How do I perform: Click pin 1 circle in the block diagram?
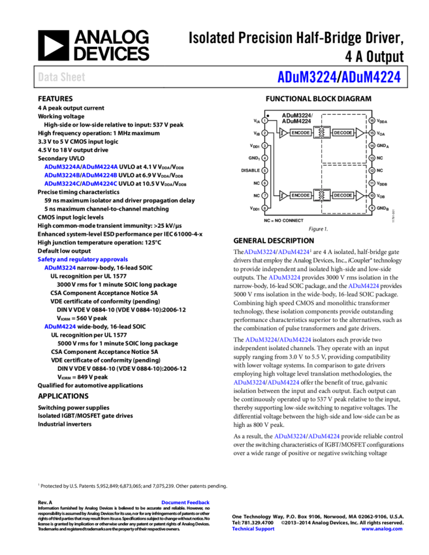point(264,120)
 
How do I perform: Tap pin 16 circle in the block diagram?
point(372,120)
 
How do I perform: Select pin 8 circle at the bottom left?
point(264,208)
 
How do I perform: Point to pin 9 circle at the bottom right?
point(372,208)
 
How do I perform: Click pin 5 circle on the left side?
point(264,170)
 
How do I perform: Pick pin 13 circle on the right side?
point(372,158)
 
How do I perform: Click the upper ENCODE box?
point(300,133)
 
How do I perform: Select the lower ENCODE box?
point(300,195)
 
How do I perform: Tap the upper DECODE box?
point(343,133)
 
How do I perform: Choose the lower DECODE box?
point(343,195)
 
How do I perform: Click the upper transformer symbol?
point(322,133)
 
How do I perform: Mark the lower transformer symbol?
point(322,195)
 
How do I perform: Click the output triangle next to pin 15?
point(359,133)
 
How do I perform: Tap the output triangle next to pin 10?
point(359,195)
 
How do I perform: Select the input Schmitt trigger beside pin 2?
point(283,133)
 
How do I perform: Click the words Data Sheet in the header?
point(61,77)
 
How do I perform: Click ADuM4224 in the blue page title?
point(371,77)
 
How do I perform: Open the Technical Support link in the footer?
point(253,529)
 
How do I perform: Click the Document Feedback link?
point(185,502)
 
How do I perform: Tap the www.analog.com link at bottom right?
point(382,529)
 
